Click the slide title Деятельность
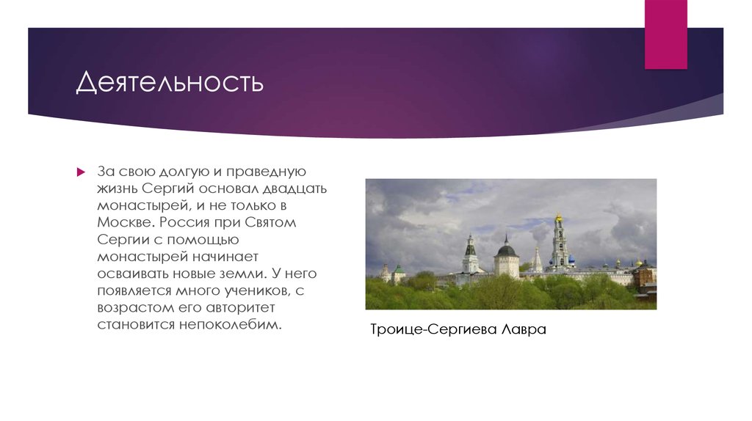[170, 82]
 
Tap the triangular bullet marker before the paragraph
[82, 172]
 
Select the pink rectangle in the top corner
[665, 34]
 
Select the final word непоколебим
[229, 324]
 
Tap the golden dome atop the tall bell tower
[558, 217]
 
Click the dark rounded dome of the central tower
[507, 250]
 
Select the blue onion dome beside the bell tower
[572, 259]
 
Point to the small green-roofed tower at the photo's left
[398, 269]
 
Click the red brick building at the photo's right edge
[646, 279]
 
